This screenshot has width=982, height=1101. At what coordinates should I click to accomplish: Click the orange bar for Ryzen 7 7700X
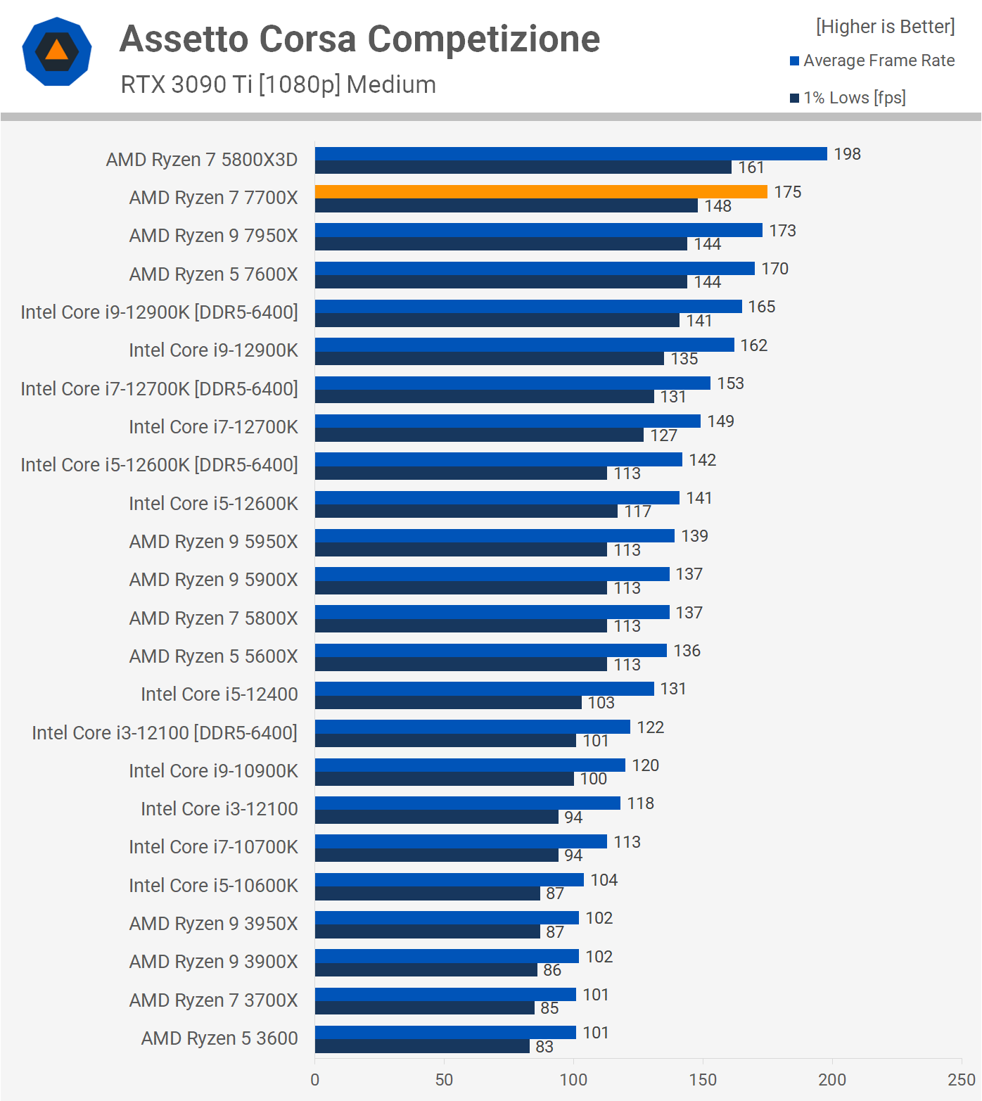[540, 192]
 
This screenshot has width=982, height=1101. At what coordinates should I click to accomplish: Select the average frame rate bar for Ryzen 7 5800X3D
[570, 153]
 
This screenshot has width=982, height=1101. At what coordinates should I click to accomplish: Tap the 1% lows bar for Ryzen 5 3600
[422, 1046]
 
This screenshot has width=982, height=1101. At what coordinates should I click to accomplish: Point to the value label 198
[847, 154]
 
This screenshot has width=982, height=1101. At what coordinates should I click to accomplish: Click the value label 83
[544, 1047]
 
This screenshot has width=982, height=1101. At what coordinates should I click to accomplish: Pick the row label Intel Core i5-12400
[219, 694]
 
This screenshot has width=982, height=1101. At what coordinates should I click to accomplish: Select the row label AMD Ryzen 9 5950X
[213, 542]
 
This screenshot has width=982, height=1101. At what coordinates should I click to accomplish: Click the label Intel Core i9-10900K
[213, 771]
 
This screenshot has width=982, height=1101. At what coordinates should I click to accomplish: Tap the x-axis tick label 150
[703, 1080]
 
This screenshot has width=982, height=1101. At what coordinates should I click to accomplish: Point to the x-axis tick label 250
[961, 1080]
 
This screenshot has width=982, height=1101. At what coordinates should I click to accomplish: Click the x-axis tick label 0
[314, 1080]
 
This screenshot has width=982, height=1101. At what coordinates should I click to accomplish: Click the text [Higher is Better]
[885, 27]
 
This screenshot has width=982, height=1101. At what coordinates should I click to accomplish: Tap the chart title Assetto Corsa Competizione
[359, 39]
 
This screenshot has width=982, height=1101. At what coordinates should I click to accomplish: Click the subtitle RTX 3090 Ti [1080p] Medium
[278, 84]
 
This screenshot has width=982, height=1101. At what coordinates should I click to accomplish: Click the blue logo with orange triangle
[57, 51]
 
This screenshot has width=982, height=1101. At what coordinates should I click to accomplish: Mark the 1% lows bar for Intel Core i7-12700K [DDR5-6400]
[484, 397]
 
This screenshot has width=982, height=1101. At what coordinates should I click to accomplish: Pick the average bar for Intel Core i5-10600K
[449, 879]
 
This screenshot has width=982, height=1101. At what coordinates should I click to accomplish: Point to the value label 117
[637, 511]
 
